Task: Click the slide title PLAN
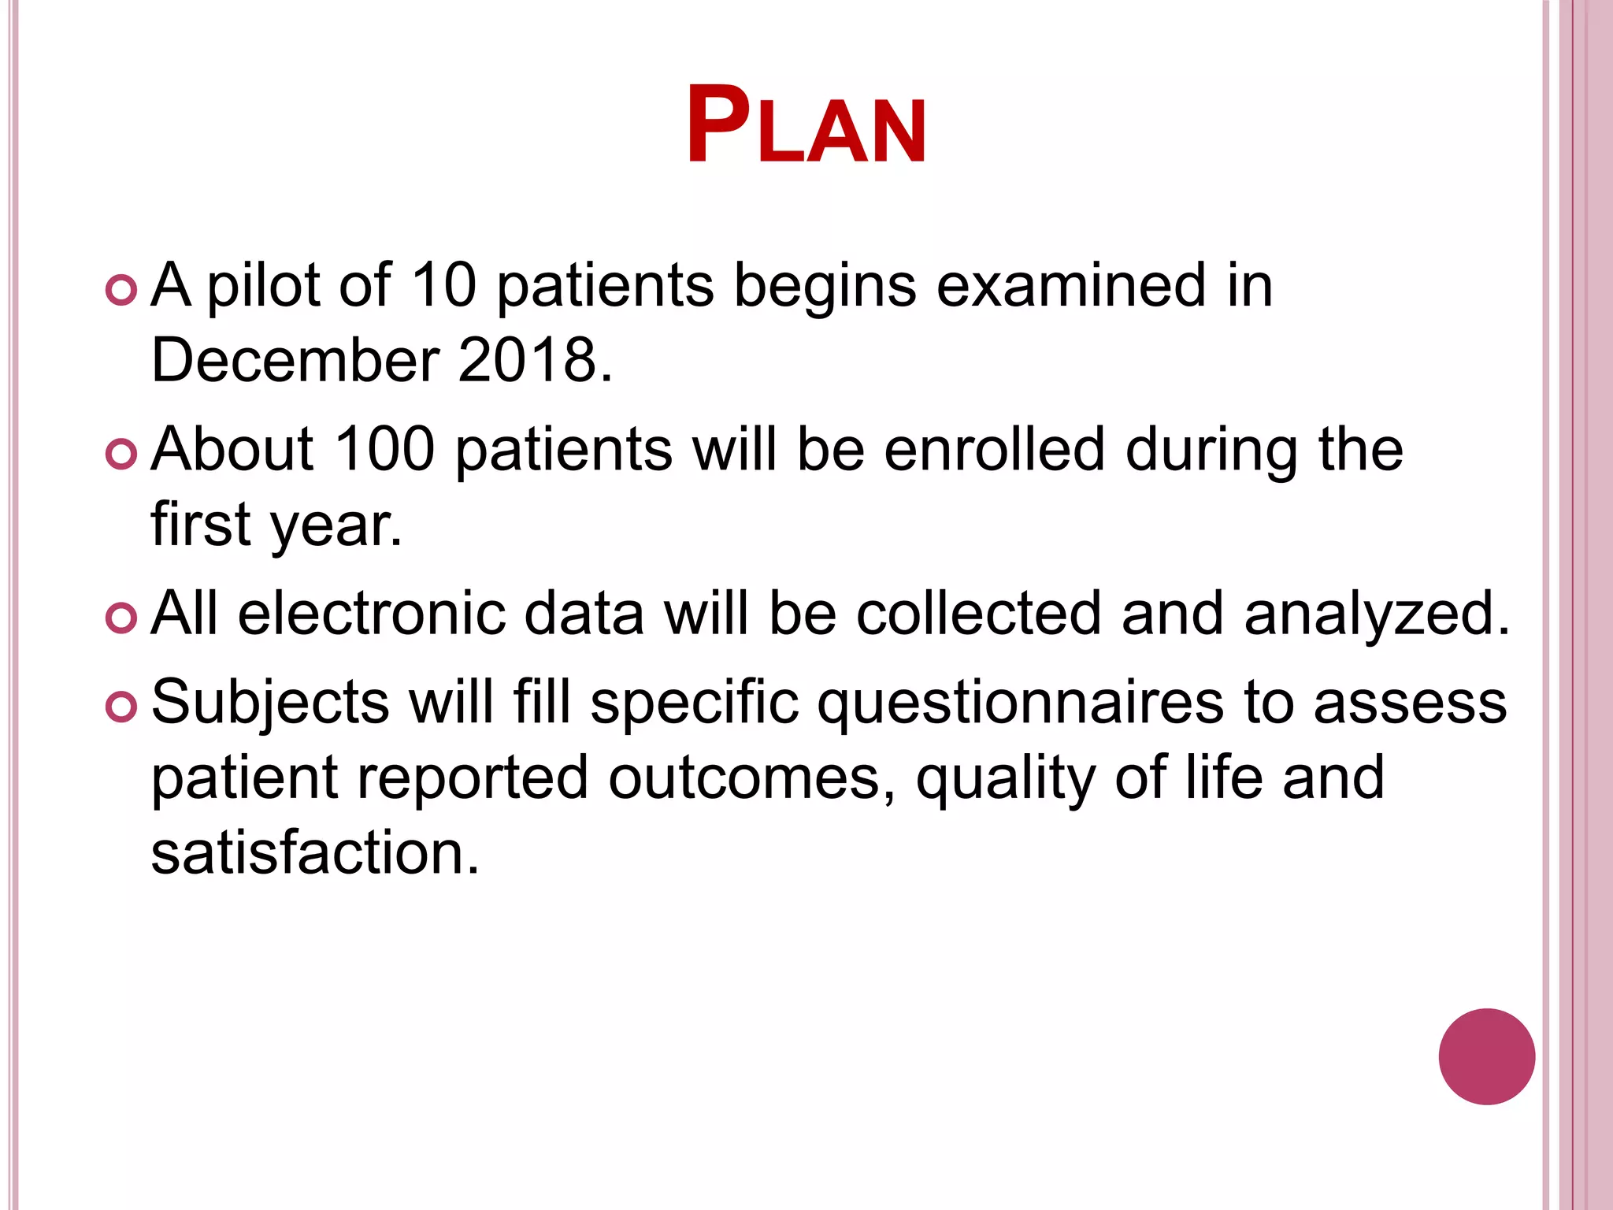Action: [806, 126]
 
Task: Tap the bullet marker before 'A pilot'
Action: [121, 289]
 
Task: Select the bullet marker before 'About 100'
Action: [121, 454]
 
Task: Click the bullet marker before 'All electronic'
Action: [121, 618]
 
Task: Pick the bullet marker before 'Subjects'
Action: [121, 706]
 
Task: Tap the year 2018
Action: [528, 360]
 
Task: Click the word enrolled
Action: [995, 449]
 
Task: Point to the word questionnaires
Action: [1021, 703]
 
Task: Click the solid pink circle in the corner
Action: [1486, 1056]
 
